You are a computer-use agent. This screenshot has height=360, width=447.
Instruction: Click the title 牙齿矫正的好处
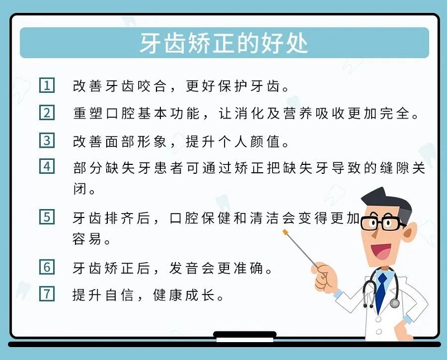(x=224, y=43)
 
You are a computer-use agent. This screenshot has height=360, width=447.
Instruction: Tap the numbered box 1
(x=47, y=85)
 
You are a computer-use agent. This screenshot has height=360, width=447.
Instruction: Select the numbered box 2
(x=47, y=113)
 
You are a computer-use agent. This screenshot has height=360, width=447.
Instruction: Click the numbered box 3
(x=47, y=140)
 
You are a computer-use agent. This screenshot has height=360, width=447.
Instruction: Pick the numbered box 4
(x=47, y=167)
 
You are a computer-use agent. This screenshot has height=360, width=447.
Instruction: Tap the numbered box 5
(x=47, y=217)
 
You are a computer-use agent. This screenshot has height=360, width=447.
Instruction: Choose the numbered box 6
(x=47, y=267)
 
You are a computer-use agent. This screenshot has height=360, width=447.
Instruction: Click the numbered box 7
(x=47, y=293)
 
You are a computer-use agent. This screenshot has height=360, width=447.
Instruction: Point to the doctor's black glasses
(x=382, y=223)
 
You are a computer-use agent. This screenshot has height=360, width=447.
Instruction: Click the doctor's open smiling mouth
(x=381, y=252)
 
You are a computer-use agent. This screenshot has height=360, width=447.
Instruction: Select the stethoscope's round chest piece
(x=394, y=302)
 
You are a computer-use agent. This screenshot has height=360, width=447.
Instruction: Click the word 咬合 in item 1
(x=151, y=86)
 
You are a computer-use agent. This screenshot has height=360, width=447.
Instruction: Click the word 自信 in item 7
(x=120, y=295)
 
